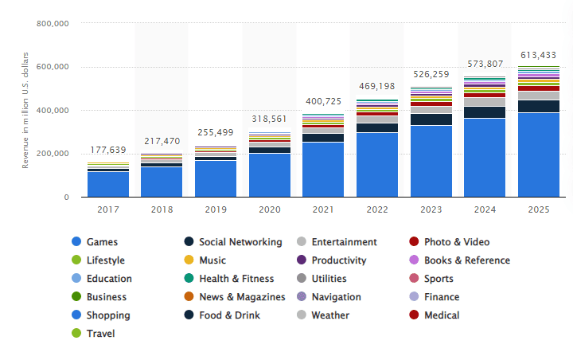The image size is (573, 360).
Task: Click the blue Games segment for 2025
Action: pos(539,155)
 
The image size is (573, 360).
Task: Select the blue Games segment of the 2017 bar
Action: pos(108,184)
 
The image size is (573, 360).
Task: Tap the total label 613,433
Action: pos(539,55)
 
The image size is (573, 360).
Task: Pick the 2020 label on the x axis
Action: pos(270,209)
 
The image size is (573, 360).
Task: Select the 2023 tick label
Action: pos(431,209)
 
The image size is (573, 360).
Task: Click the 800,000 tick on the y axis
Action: pos(53,24)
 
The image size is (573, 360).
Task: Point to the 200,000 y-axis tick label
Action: pos(53,154)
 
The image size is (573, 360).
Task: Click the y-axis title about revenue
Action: pos(25,109)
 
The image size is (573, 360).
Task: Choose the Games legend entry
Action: pos(101,242)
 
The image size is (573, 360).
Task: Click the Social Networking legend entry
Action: pos(240,242)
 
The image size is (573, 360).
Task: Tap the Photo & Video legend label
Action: pos(457,242)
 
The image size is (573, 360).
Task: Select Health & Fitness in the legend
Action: pos(236,279)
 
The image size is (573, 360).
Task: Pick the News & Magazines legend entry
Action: pos(241,297)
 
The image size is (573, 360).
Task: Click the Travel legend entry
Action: pos(100,334)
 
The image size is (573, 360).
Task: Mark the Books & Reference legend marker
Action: pos(414,260)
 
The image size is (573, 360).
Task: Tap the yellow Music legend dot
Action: pos(189,260)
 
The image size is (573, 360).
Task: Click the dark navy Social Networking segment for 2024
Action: pos(485,112)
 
